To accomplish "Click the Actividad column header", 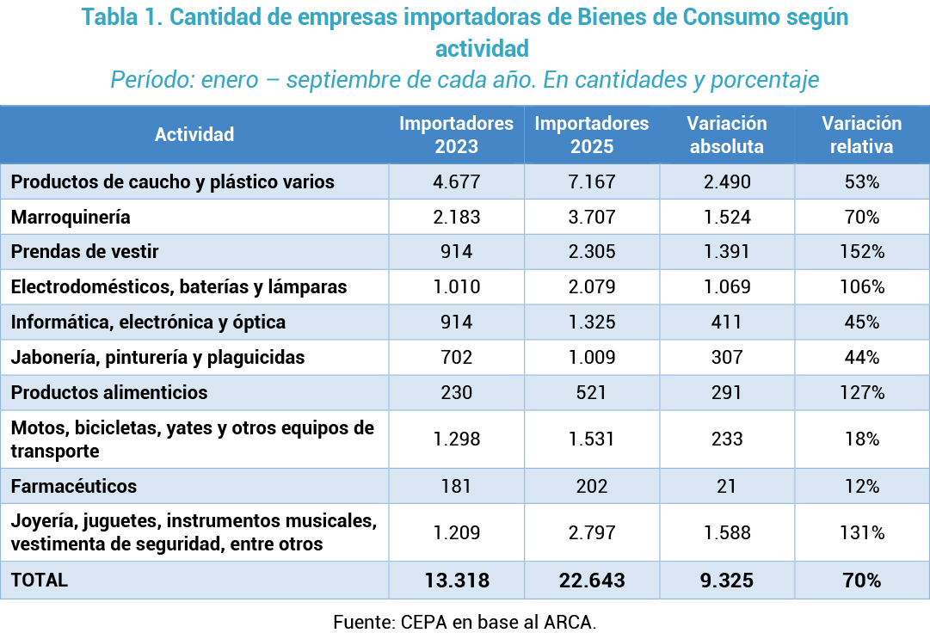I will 194,134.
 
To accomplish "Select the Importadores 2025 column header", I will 592,134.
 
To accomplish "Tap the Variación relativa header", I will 861,134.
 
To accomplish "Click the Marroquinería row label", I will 71,217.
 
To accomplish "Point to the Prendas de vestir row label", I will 85,252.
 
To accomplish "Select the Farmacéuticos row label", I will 74,486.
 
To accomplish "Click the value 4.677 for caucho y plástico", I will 456,182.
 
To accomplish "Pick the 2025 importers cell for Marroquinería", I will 592,217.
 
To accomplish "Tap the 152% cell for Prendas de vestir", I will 861,252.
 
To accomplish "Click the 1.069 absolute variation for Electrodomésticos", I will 726,286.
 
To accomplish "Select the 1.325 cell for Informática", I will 592,322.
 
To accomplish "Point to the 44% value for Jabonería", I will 861,357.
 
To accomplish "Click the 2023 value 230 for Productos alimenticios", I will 456,392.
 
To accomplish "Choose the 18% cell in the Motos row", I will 861,439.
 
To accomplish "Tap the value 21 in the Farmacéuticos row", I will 726,486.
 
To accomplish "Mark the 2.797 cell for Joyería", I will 592,532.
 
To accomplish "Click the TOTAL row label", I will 40,580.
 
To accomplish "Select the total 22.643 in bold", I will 592,581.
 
